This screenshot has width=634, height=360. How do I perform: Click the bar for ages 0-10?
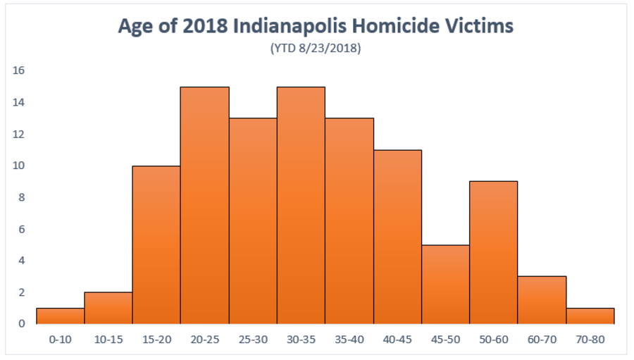click(60, 316)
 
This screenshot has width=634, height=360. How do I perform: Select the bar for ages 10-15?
click(108, 308)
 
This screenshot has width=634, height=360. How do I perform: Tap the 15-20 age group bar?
click(156, 244)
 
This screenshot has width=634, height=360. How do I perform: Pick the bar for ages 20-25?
click(205, 205)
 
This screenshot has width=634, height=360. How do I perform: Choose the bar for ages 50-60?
click(494, 252)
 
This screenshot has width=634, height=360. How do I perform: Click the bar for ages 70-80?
click(590, 316)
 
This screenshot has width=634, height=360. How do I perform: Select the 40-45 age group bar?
click(397, 237)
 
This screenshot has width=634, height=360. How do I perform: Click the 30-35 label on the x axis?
click(301, 339)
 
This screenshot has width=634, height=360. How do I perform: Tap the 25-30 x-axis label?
click(253, 339)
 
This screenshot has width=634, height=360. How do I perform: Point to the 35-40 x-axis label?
click(349, 339)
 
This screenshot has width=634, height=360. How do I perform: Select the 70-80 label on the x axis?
click(590, 339)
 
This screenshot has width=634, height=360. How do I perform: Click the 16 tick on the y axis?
click(18, 70)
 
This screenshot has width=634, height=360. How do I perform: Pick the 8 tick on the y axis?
click(22, 197)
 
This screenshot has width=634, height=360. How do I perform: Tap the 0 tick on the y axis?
click(22, 324)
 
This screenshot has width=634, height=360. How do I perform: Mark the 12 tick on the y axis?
click(18, 134)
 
